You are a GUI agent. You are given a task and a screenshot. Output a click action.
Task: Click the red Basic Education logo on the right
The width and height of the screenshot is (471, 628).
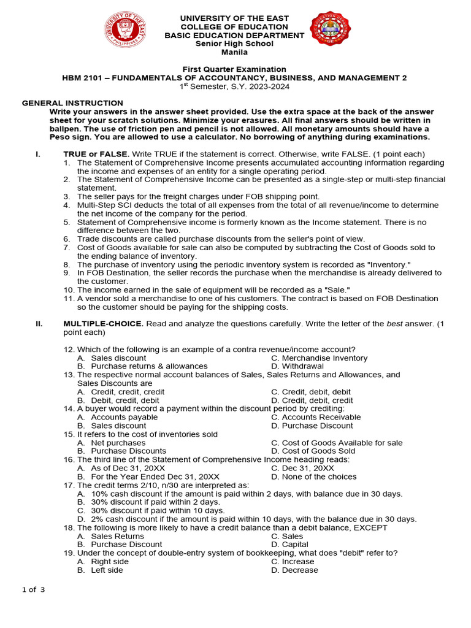click(331, 29)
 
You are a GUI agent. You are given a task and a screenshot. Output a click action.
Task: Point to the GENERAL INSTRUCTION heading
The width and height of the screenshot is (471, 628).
click(72, 103)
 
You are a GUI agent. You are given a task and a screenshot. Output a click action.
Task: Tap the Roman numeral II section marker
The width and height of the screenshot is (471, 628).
click(39, 324)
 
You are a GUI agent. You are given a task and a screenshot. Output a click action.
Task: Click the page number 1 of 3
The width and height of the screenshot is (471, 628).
click(34, 590)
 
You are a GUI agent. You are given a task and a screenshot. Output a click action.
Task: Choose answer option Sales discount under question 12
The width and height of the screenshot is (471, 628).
click(118, 358)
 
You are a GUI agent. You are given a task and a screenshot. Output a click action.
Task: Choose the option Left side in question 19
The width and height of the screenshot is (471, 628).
click(107, 570)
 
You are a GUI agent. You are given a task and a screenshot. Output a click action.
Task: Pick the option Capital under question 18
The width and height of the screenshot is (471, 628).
click(295, 545)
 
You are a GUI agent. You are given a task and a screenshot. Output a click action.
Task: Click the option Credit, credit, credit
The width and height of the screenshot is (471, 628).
click(128, 392)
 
